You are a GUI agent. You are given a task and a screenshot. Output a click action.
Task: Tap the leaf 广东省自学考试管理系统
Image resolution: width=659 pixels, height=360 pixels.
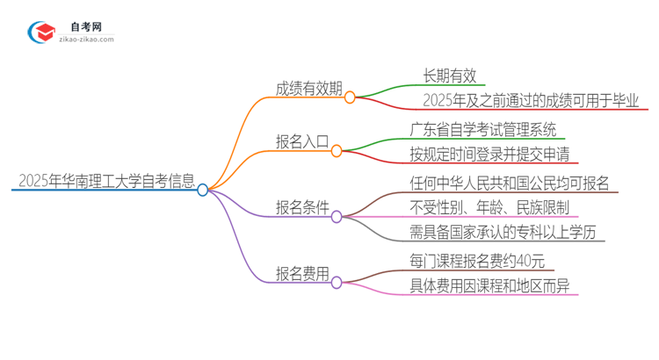[x=482, y=130]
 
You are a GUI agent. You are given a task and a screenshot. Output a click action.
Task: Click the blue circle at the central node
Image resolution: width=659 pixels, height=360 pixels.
[x=203, y=190]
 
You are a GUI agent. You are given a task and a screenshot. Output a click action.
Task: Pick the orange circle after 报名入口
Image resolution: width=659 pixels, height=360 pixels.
[x=337, y=151]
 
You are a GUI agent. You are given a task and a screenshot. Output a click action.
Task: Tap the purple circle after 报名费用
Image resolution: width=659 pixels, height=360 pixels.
[x=337, y=283]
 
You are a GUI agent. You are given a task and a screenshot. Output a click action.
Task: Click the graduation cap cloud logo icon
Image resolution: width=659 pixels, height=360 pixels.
[x=41, y=32]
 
